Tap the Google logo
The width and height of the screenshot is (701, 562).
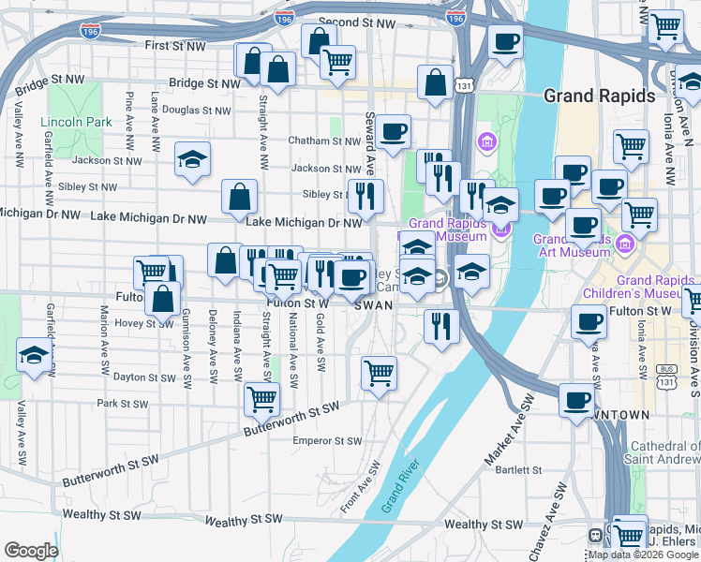pyautogui.click(x=31, y=551)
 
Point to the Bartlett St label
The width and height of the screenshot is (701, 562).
pyautogui.click(x=520, y=470)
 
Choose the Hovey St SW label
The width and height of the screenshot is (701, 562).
pyautogui.click(x=140, y=323)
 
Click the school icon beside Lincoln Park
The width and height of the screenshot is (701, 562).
pyautogui.click(x=192, y=159)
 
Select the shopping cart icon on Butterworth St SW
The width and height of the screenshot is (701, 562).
pyautogui.click(x=261, y=398)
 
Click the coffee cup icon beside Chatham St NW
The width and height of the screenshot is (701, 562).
pyautogui.click(x=394, y=132)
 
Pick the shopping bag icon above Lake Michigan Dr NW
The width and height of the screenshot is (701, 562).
pyautogui.click(x=240, y=197)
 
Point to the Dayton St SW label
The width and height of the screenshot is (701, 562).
pyautogui.click(x=144, y=377)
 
